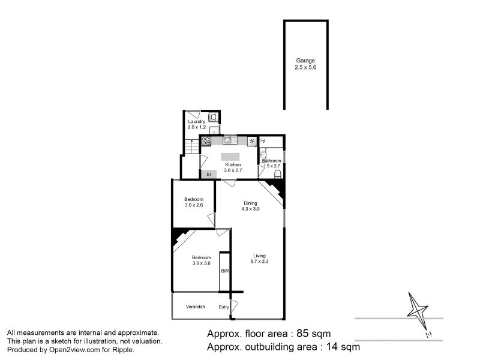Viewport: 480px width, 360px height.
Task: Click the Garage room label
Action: (305, 61)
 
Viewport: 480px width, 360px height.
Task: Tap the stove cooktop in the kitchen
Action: (206, 141)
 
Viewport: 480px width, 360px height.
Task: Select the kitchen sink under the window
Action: (229, 140)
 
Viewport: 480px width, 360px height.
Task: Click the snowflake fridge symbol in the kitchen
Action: (252, 141)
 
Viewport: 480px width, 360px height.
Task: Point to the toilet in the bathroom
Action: (278, 174)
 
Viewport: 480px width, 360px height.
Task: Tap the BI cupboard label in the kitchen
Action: (209, 175)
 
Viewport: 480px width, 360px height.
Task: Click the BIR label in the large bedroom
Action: (224, 271)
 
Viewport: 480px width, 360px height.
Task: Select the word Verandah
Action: (196, 307)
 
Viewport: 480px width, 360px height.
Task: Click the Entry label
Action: (223, 307)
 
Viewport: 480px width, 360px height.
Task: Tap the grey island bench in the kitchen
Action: (230, 157)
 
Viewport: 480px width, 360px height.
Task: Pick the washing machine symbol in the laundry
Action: (214, 117)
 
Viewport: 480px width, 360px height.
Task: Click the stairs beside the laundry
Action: (191, 146)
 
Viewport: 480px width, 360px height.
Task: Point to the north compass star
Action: (417, 310)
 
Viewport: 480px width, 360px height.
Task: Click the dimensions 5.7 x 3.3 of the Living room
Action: (259, 262)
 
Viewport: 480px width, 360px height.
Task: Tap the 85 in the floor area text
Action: (302, 334)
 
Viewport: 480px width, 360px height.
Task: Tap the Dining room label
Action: (250, 203)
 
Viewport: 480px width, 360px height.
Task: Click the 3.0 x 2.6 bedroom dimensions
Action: (194, 205)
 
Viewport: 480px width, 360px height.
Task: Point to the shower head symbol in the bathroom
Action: (262, 141)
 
